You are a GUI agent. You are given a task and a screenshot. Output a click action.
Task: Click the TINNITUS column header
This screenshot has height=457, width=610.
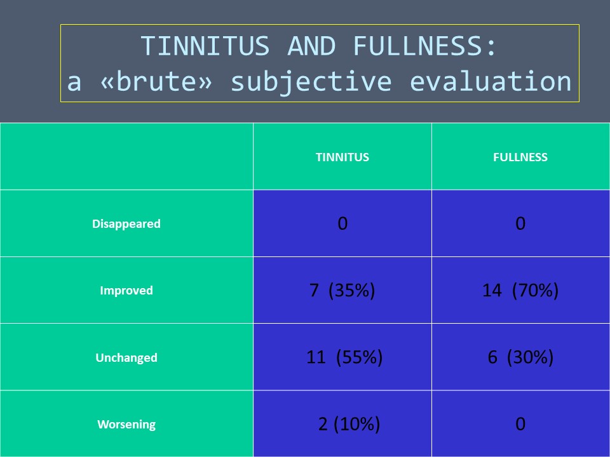pyautogui.click(x=342, y=157)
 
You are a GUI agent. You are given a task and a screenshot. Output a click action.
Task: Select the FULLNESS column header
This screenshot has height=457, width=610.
pyautogui.click(x=520, y=157)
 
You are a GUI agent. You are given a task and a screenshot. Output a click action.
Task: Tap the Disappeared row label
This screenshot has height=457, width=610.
pyautogui.click(x=126, y=224)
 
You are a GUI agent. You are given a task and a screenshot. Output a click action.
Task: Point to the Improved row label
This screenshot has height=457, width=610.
pyautogui.click(x=126, y=290)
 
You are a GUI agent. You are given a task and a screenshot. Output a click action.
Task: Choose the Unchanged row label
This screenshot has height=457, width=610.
pyautogui.click(x=126, y=357)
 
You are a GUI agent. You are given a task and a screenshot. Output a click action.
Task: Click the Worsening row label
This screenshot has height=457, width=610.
pyautogui.click(x=126, y=424)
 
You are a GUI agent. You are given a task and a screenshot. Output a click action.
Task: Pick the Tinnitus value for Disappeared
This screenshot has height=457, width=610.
pyautogui.click(x=342, y=223)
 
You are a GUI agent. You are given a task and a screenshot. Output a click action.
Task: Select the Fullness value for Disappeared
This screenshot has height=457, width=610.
pyautogui.click(x=520, y=223)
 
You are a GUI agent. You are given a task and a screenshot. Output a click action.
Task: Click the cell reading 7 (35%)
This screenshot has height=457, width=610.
pyautogui.click(x=342, y=290)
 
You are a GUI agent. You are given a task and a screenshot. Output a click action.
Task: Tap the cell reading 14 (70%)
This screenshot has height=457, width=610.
pyautogui.click(x=520, y=290)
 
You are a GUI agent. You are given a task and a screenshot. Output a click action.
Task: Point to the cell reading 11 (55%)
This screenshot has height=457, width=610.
pyautogui.click(x=344, y=357)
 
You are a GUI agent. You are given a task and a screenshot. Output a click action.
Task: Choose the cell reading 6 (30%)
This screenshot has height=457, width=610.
pyautogui.click(x=520, y=357)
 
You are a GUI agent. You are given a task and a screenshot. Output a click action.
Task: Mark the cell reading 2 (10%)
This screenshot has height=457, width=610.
pyautogui.click(x=349, y=424)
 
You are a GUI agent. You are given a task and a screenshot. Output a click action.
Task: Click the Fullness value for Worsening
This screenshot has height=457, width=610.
pyautogui.click(x=520, y=424)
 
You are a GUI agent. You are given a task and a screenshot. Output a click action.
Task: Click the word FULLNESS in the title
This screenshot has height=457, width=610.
pyautogui.click(x=425, y=46)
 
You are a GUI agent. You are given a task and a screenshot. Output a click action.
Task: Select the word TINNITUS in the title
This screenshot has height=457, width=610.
pyautogui.click(x=205, y=46)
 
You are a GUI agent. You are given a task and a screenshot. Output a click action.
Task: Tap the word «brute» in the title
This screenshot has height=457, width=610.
pyautogui.click(x=156, y=82)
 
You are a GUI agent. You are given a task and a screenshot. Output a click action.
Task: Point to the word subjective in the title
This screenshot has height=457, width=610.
pyautogui.click(x=311, y=83)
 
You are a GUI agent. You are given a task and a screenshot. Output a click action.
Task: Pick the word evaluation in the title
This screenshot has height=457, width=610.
pyautogui.click(x=491, y=82)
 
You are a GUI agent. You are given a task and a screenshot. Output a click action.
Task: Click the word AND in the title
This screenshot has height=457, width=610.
pyautogui.click(x=311, y=46)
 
